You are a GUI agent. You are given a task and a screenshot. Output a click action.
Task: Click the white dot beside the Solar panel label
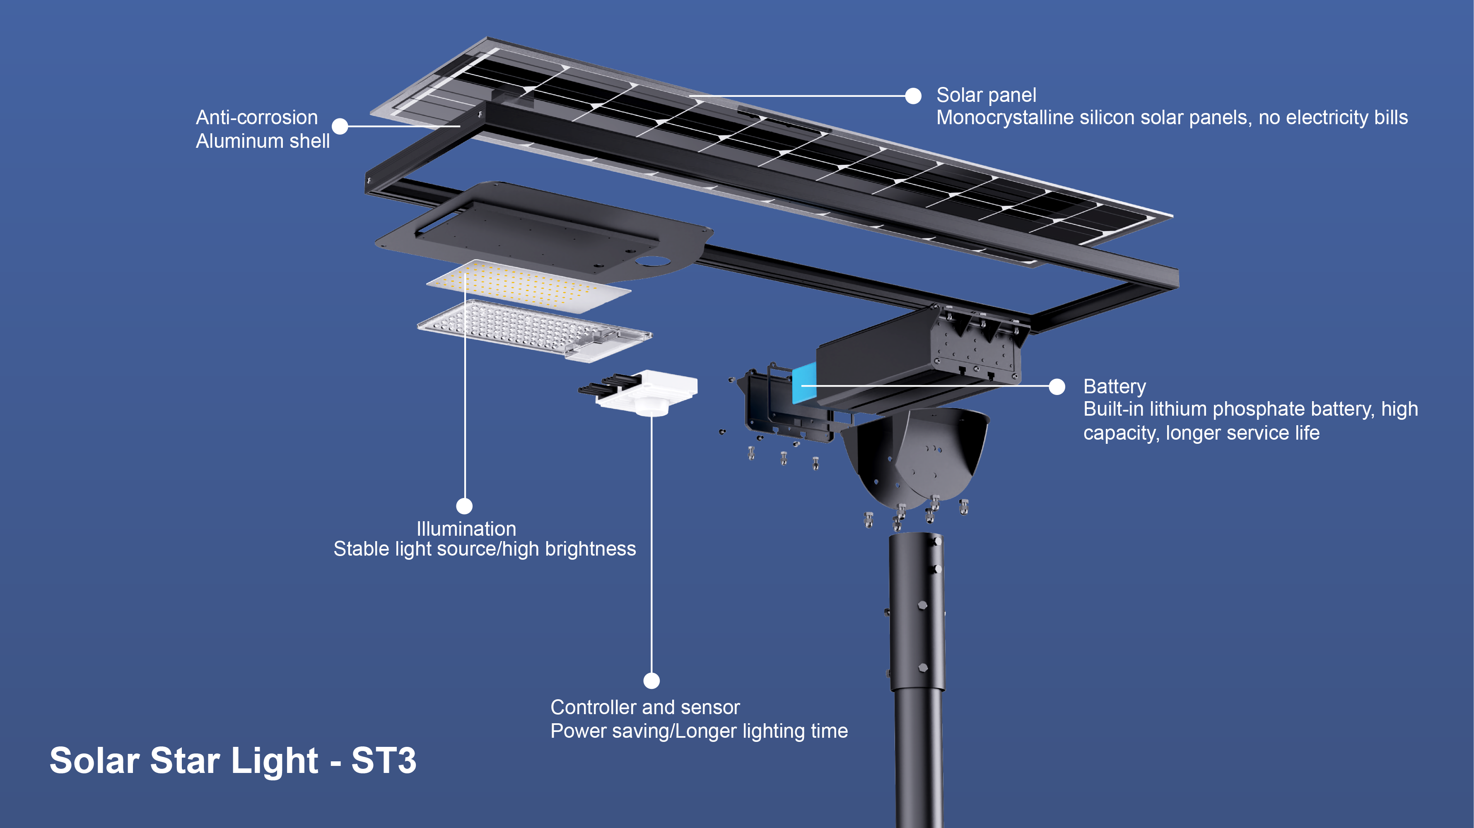[x=913, y=96]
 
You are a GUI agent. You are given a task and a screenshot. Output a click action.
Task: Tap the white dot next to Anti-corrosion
[x=340, y=126]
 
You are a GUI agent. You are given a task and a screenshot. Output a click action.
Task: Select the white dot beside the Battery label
[x=1057, y=387]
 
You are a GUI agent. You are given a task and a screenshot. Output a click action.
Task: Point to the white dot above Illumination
[x=464, y=505]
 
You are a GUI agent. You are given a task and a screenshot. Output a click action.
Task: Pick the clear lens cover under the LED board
[x=534, y=330]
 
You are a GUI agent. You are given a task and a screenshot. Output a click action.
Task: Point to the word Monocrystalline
[x=1005, y=118]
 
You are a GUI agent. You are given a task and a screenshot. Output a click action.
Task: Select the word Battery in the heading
[x=1115, y=387]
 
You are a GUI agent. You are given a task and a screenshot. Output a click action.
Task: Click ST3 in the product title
[x=384, y=761]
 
